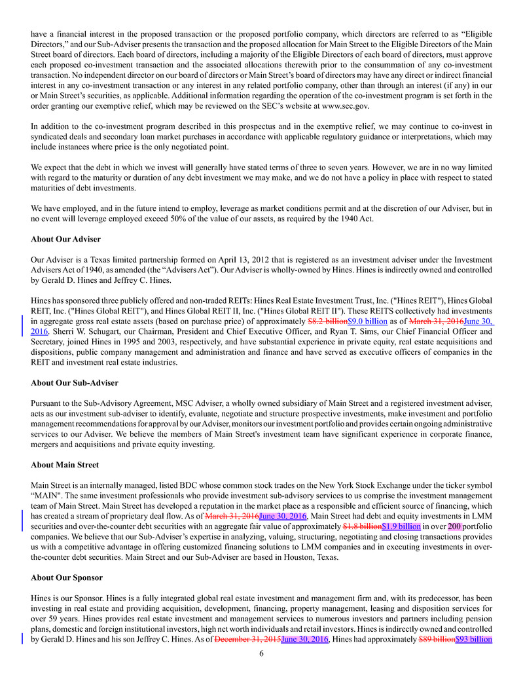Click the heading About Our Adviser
pos(65,238)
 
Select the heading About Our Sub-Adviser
pos(75,382)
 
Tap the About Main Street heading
pos(65,465)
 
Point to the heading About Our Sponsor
pos(67,578)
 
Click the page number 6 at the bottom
pos(261,653)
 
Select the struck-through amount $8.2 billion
pos(327,322)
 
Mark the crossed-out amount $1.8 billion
pos(362,526)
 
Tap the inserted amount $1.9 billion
pos(401,526)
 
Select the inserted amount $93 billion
pos(473,639)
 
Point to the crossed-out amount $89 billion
pos(436,639)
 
